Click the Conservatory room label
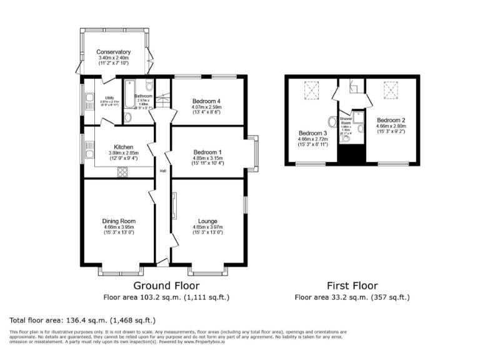[x=113, y=52]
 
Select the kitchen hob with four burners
[x=122, y=174]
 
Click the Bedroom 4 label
[x=207, y=101]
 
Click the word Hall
[x=162, y=171]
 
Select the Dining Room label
[x=119, y=221]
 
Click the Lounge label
[x=207, y=221]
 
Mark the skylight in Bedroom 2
[x=392, y=91]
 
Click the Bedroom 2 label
[x=391, y=119]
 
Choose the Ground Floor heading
[x=166, y=286]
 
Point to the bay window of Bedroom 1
[x=253, y=153]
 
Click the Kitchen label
[x=119, y=146]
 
